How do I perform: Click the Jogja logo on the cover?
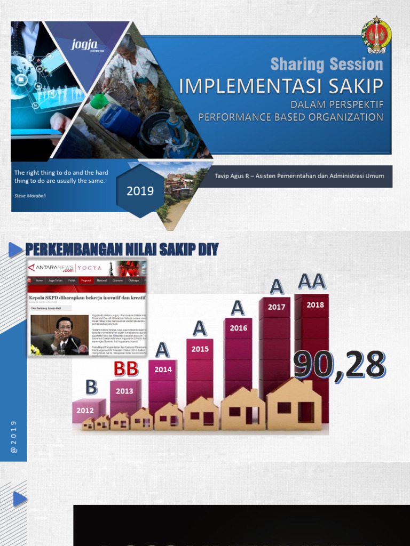click(x=88, y=45)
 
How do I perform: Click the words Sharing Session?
click(x=327, y=65)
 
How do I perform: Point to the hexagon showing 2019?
click(x=140, y=190)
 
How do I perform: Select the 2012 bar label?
click(x=85, y=411)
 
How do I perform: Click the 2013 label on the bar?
click(x=124, y=391)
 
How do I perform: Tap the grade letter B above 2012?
click(x=91, y=388)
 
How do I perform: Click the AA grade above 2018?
click(x=312, y=280)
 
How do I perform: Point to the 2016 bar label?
click(x=239, y=328)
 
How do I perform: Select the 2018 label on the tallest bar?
click(x=315, y=305)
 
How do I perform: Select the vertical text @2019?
click(x=14, y=437)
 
